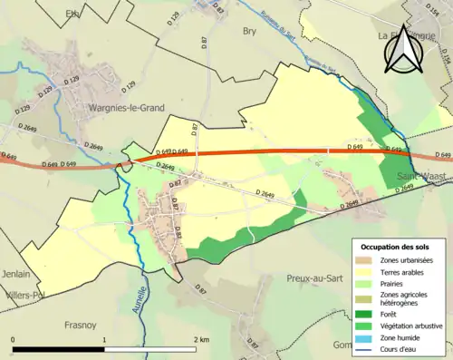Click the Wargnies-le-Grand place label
126,108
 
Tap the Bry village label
250,31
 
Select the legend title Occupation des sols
394,247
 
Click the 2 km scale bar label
199,339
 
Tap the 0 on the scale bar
14,339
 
